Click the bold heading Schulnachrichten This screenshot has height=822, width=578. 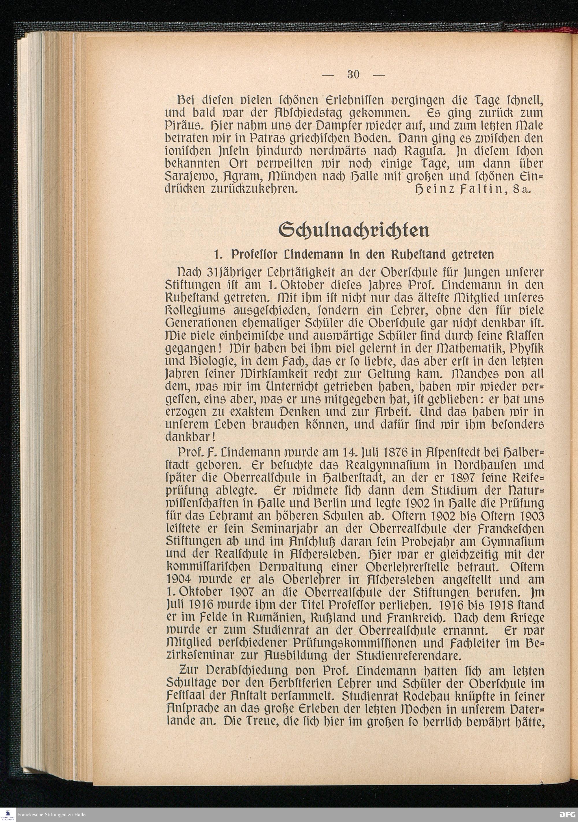(x=354, y=231)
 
